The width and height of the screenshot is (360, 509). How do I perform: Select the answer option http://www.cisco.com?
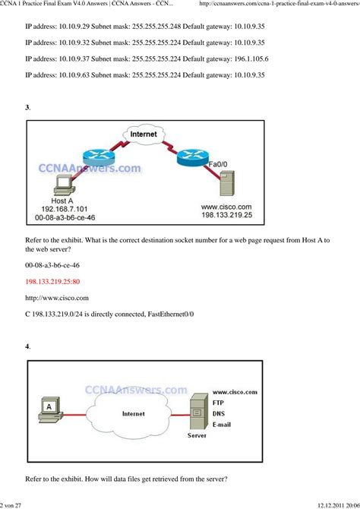click(57, 297)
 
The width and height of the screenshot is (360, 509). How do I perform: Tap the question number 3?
click(27, 107)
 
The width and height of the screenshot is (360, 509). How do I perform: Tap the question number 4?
click(27, 346)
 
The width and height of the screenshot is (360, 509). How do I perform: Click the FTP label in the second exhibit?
click(220, 402)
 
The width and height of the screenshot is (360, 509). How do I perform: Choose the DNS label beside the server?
click(221, 413)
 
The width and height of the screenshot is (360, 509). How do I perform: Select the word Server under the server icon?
click(196, 437)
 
